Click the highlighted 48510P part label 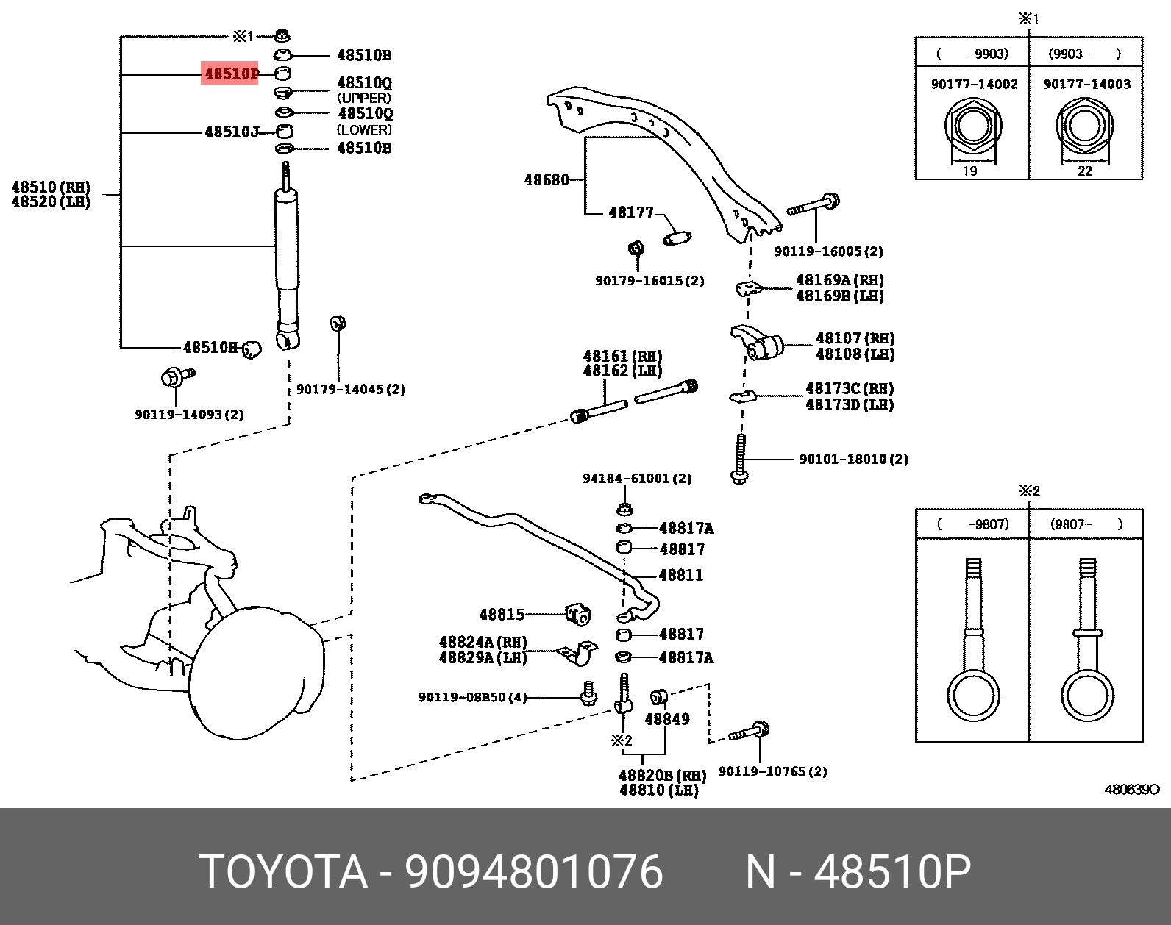230,74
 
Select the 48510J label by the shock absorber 232,132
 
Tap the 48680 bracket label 547,180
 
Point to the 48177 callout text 631,213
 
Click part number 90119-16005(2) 828,251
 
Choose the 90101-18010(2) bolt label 853,460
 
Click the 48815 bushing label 502,615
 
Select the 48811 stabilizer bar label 681,575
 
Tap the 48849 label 667,719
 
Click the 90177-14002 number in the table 974,85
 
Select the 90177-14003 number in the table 1086,85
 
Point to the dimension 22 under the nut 1085,171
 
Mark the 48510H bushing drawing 252,349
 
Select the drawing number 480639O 1131,790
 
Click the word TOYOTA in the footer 282,872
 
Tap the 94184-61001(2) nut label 637,479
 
